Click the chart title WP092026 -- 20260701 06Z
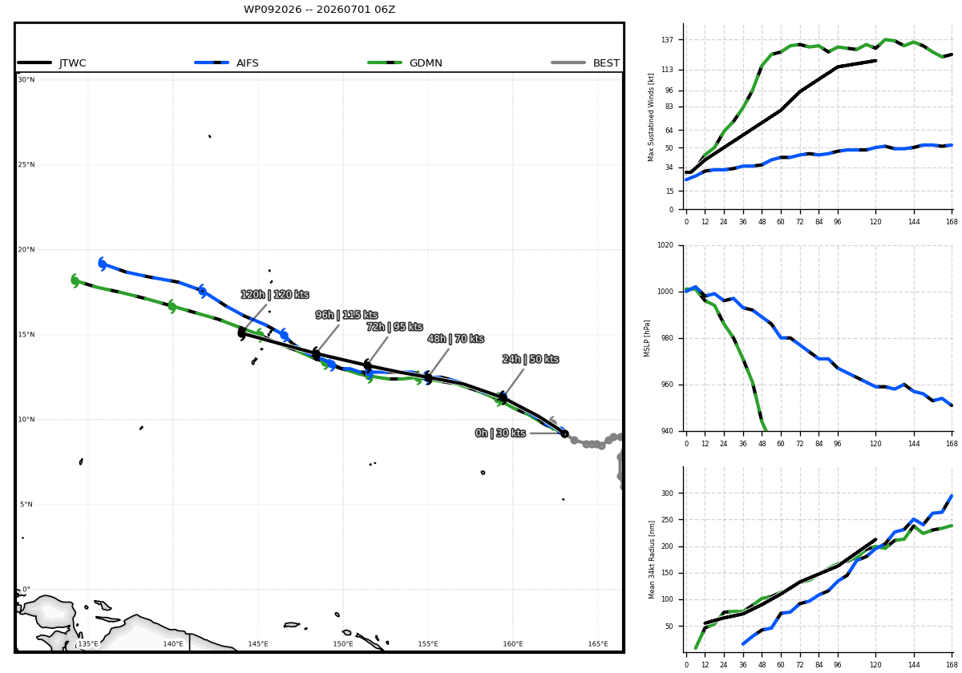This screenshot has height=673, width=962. point(319,10)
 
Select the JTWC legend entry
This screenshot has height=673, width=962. point(51,63)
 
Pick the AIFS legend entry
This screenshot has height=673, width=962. point(226,63)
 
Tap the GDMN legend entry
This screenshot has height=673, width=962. point(405,63)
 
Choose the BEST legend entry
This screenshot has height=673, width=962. point(585,63)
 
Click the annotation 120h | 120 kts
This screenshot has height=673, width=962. point(275,295)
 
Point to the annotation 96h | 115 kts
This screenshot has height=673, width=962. point(346,315)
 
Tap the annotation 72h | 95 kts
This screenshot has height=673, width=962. point(394,327)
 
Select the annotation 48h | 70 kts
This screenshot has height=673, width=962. point(455,339)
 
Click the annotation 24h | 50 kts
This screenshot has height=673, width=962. point(531,359)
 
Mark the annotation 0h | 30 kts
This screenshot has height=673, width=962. point(500,433)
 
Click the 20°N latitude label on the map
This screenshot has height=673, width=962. point(26,250)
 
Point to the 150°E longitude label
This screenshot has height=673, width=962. point(343,644)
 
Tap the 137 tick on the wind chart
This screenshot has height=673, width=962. point(667,40)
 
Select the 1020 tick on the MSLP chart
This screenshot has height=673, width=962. point(665,245)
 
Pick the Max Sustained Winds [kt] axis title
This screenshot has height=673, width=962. point(651,117)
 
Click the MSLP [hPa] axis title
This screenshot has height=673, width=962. point(647,339)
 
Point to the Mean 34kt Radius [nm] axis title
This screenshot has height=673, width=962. point(652,560)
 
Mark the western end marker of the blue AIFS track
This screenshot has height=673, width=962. point(103,264)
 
